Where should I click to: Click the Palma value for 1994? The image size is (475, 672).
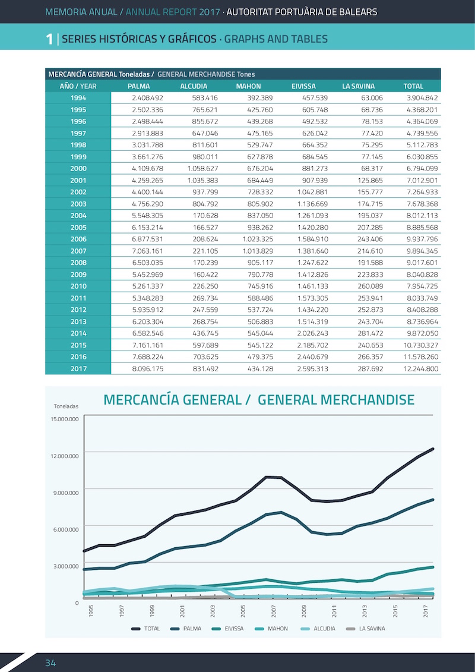tap(147, 98)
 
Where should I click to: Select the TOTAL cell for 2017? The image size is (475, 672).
tap(421, 368)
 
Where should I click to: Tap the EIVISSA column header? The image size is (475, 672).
tap(303, 86)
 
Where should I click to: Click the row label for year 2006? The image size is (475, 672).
tap(78, 239)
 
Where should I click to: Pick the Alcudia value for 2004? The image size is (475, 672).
tap(204, 216)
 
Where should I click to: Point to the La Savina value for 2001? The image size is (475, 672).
tap(370, 181)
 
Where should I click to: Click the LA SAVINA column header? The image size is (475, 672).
tap(358, 86)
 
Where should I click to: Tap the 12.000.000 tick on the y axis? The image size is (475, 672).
tap(64, 456)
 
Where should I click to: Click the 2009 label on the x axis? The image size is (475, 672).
tap(303, 611)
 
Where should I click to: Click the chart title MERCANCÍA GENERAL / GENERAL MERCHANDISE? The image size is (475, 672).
tap(259, 400)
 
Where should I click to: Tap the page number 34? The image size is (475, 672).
tap(50, 663)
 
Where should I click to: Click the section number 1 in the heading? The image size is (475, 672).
tap(49, 39)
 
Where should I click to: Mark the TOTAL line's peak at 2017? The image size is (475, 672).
tap(433, 449)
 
